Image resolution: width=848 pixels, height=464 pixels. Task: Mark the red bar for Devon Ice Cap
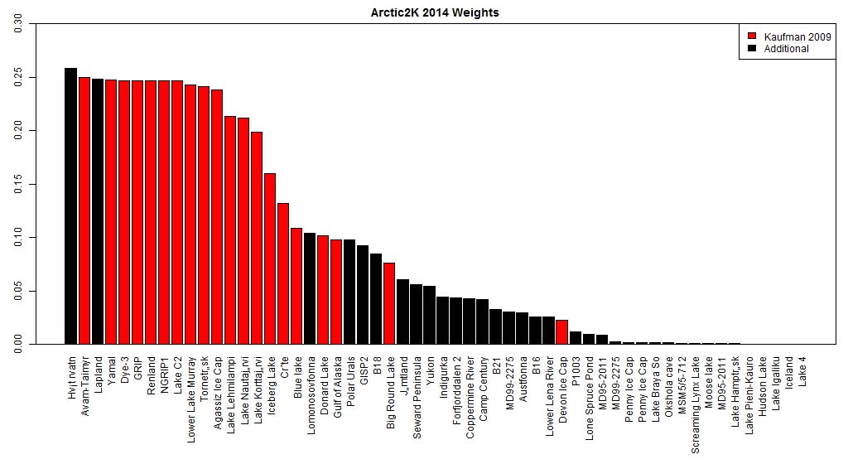coord(561,331)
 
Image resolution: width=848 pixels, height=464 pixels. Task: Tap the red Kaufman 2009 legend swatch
coord(752,37)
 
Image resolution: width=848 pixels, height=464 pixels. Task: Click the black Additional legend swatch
coord(752,49)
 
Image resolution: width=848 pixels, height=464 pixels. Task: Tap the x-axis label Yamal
coord(111,370)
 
